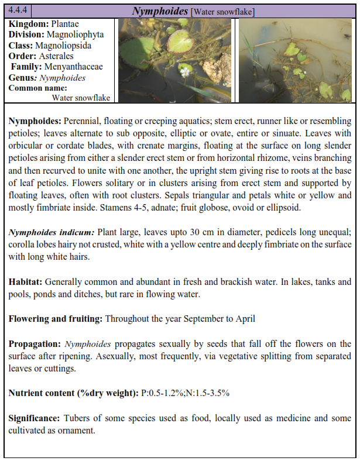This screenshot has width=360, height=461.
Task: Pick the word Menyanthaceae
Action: click(73, 67)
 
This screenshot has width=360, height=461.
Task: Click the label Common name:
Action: click(33, 88)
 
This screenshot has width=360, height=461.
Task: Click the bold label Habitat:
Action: click(26, 281)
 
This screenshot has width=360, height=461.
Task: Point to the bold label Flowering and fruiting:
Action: click(55, 319)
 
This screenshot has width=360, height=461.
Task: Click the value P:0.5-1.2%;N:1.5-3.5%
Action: click(185, 393)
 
